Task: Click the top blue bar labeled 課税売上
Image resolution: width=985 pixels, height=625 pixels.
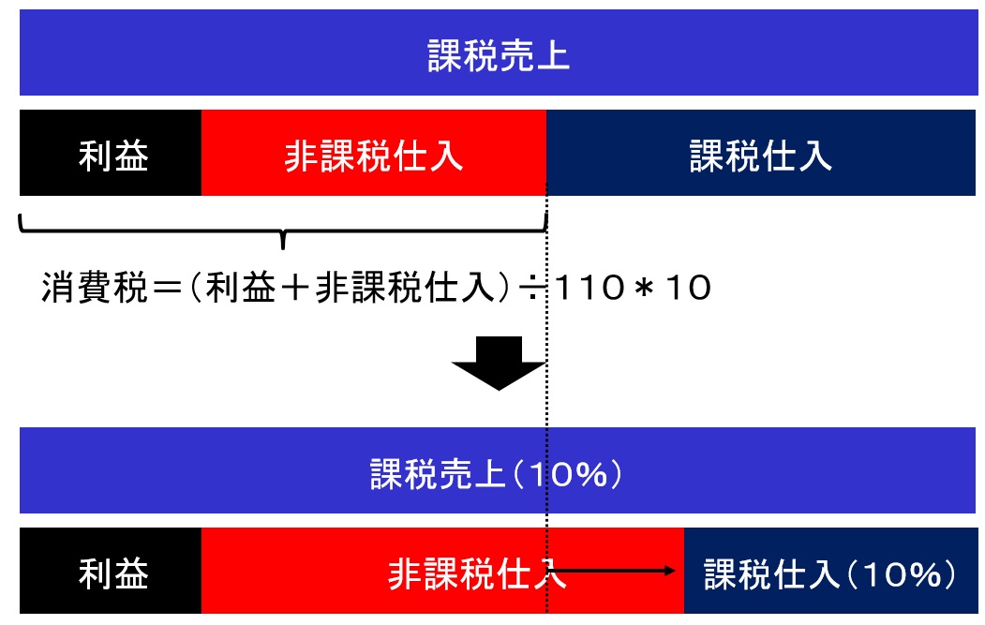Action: point(499,52)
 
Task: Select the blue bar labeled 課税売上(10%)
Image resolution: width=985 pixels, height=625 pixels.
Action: point(497,470)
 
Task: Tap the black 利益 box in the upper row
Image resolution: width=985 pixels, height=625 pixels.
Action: point(111,153)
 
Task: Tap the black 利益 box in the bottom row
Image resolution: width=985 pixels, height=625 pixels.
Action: point(111,571)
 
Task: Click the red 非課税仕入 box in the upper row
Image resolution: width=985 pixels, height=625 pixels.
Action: point(374,153)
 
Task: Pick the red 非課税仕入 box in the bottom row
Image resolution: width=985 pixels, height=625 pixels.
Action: point(442,571)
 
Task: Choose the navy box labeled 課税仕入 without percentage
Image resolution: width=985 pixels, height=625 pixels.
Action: point(761,153)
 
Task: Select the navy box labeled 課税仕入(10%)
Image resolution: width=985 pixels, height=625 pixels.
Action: point(830,571)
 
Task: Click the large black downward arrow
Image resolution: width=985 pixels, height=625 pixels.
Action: point(499,363)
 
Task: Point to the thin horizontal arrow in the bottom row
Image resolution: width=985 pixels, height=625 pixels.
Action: point(613,571)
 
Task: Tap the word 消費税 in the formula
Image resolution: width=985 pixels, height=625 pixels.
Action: point(95,288)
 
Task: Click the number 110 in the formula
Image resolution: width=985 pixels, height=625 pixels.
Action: point(590,288)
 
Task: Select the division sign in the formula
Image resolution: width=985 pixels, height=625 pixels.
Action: point(532,288)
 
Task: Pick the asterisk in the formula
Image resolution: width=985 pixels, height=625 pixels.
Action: point(644,288)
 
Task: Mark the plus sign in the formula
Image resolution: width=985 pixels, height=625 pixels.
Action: point(295,288)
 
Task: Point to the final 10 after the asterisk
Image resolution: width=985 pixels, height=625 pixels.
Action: point(688,288)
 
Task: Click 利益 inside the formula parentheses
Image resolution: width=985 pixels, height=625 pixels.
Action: point(241,288)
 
